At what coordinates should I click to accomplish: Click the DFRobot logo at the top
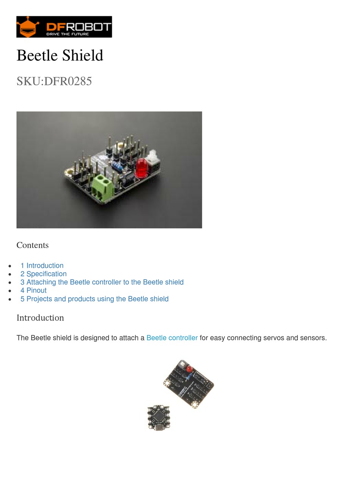(x=64, y=27)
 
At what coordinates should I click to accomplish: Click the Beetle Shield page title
(x=60, y=55)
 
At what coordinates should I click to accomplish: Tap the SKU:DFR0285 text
(x=54, y=81)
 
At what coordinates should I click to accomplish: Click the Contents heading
(x=33, y=245)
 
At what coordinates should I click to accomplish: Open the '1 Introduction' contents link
(x=42, y=265)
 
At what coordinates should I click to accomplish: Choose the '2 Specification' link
(x=44, y=274)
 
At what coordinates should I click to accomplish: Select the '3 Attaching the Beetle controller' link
(x=102, y=282)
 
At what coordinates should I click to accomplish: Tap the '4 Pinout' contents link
(x=34, y=291)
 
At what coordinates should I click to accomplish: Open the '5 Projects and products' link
(x=94, y=299)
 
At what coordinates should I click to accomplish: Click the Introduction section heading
(x=40, y=318)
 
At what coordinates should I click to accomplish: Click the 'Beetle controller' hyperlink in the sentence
(x=172, y=338)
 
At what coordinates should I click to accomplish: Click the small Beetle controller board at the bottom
(x=159, y=417)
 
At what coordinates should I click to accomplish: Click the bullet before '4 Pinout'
(x=10, y=291)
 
